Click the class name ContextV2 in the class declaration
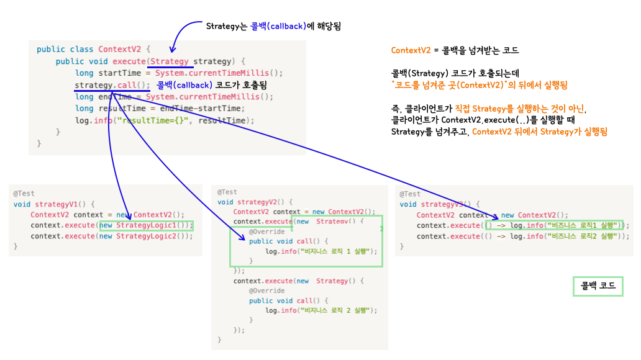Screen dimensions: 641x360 [119, 49]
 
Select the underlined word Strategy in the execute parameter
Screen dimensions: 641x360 [169, 61]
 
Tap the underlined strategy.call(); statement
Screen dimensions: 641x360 [112, 85]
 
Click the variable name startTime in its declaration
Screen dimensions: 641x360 [120, 73]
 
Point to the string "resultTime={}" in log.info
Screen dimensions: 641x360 [152, 120]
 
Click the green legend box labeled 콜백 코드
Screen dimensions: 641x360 [598, 286]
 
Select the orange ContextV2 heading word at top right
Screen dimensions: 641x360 [411, 50]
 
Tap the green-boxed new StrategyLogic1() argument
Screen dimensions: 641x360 [147, 225]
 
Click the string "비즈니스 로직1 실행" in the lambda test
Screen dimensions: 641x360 [582, 225]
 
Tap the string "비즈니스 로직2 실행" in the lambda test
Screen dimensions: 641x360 [582, 236]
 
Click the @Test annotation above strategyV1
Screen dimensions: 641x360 [24, 193]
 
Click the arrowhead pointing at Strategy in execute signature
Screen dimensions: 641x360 [173, 50]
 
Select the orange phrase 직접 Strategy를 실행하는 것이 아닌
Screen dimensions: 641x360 [521, 109]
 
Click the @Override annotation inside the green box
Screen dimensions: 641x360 [267, 232]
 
